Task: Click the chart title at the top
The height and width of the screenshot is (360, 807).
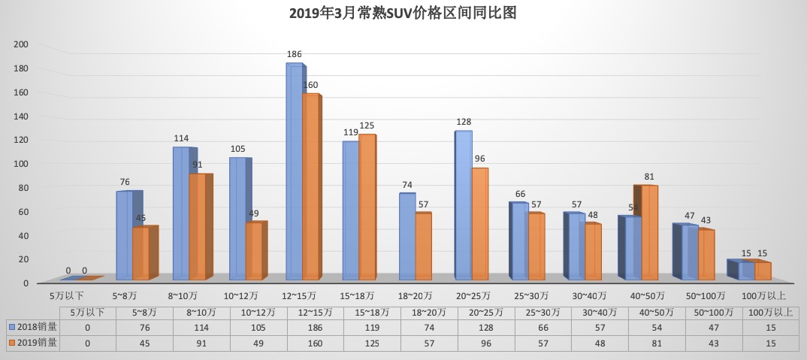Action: pyautogui.click(x=403, y=14)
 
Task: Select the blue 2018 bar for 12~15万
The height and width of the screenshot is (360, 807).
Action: pyautogui.click(x=294, y=173)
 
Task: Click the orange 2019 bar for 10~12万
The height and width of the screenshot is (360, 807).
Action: pyautogui.click(x=254, y=252)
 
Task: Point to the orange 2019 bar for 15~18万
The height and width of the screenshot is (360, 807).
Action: pyautogui.click(x=367, y=207)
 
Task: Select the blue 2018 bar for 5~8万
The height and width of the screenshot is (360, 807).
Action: pyautogui.click(x=124, y=236)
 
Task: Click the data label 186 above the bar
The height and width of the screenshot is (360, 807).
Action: pyautogui.click(x=294, y=55)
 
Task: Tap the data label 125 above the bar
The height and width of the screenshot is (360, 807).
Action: pyautogui.click(x=366, y=126)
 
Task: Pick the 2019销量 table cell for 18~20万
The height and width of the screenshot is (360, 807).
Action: pyautogui.click(x=429, y=343)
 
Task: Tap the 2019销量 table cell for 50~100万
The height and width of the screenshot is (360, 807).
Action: pyautogui.click(x=714, y=343)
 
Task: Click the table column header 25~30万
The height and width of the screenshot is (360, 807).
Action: pyautogui.click(x=543, y=312)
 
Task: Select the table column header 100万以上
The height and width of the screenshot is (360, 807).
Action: pyautogui.click(x=770, y=312)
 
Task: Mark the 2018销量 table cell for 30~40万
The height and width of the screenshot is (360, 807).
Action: pyautogui.click(x=600, y=327)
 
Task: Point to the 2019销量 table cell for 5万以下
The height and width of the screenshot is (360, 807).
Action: pyautogui.click(x=88, y=343)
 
